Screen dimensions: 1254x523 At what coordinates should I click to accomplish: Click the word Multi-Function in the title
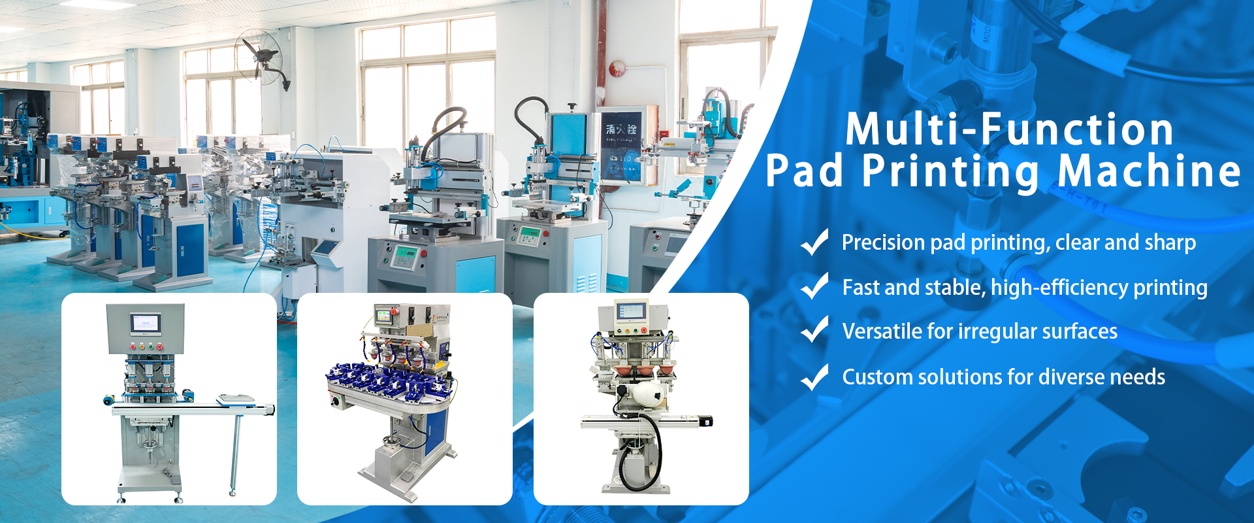[1010, 129]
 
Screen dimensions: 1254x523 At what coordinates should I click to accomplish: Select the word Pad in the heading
[804, 171]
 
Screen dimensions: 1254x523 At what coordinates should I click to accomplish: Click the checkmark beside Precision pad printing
[814, 242]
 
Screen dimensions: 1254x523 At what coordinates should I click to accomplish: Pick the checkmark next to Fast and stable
[814, 286]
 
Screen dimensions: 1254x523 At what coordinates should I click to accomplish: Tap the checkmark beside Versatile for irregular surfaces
[814, 329]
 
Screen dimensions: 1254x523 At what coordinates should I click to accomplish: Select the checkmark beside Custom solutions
[814, 377]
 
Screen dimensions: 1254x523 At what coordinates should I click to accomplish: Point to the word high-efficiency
[1059, 288]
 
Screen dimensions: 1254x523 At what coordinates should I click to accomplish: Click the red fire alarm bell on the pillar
[616, 67]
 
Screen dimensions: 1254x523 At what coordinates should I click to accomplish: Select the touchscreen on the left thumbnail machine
[145, 322]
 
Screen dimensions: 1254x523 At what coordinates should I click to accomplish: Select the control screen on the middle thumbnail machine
[384, 316]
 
